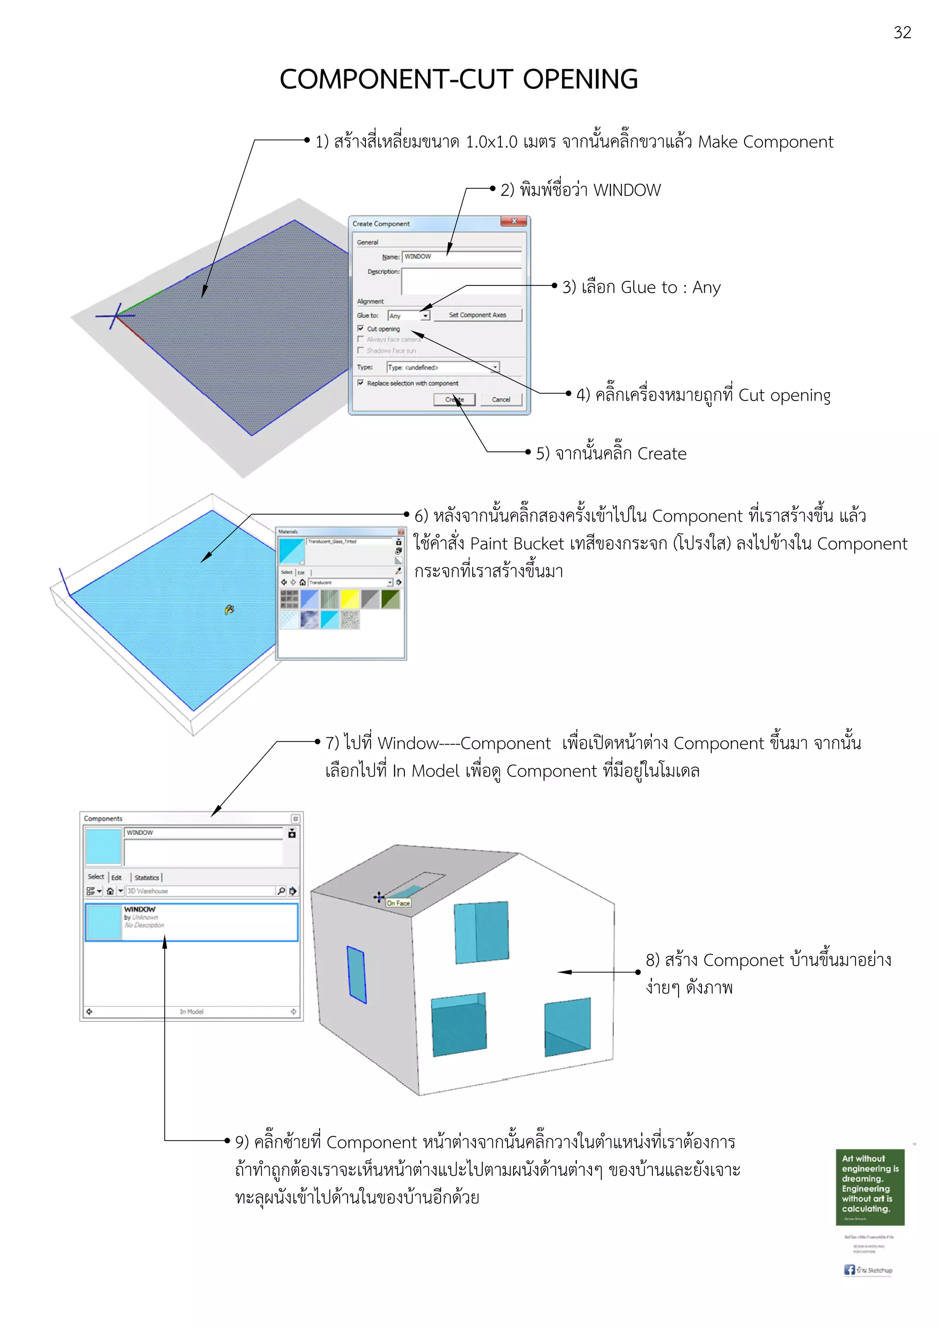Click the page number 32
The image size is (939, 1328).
pos(902,33)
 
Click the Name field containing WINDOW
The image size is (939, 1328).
pos(461,256)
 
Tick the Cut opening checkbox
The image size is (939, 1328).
pos(360,329)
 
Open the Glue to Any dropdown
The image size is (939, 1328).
pos(425,316)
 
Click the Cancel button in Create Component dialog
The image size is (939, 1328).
pos(501,400)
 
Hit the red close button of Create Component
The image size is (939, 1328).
pos(514,221)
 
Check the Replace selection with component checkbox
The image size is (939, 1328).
pos(360,383)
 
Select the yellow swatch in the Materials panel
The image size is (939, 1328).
pos(350,599)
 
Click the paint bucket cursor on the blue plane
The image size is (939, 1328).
pos(229,609)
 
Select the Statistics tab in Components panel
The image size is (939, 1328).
pos(146,878)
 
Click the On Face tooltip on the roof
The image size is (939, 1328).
pos(398,903)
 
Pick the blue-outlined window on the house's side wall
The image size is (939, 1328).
pos(356,974)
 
